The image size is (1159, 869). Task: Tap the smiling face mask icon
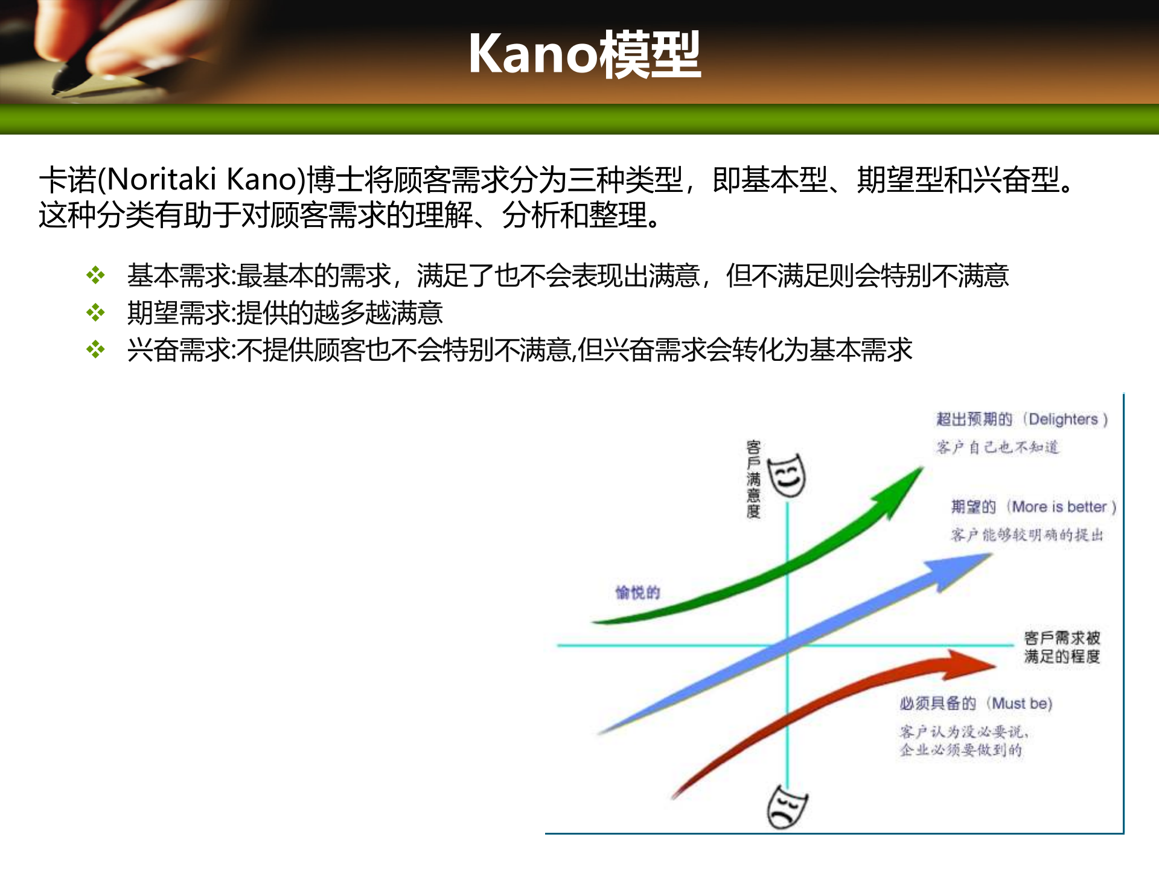pyautogui.click(x=787, y=476)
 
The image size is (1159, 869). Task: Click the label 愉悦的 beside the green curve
pyautogui.click(x=637, y=593)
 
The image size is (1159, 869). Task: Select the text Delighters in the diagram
pyautogui.click(x=1063, y=419)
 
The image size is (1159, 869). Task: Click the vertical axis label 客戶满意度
pyautogui.click(x=753, y=479)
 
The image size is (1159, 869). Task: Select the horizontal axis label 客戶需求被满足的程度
pyautogui.click(x=1062, y=647)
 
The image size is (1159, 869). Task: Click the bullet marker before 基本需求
pyautogui.click(x=95, y=276)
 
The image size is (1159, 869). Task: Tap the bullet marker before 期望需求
pyautogui.click(x=95, y=313)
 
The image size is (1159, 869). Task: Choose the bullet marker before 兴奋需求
pyautogui.click(x=95, y=349)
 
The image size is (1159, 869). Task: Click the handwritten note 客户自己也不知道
pyautogui.click(x=997, y=447)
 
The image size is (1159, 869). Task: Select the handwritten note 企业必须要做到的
pyautogui.click(x=960, y=750)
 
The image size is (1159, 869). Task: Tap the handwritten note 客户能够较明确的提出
pyautogui.click(x=1027, y=535)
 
